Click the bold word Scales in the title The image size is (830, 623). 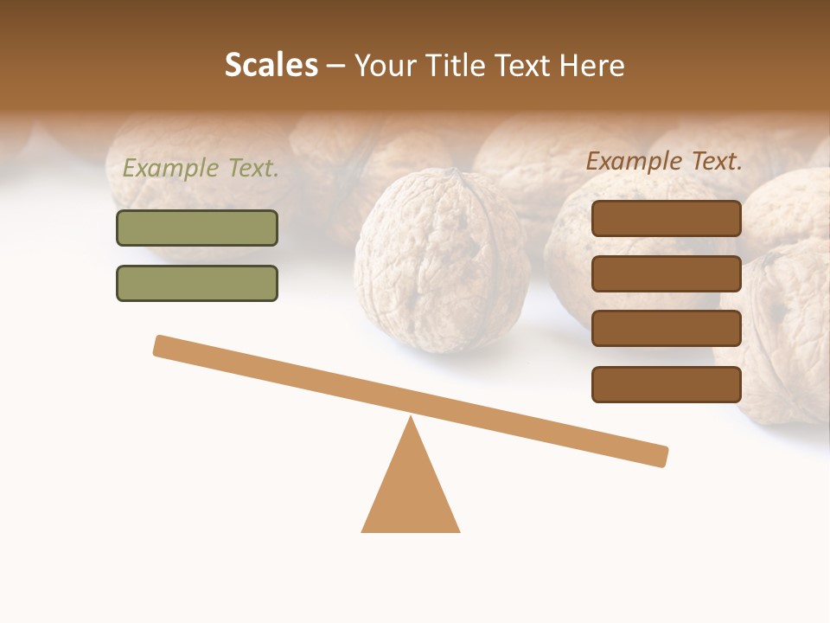(x=271, y=66)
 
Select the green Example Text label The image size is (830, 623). (x=201, y=169)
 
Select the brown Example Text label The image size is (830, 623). (x=664, y=161)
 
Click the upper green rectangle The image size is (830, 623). (x=197, y=228)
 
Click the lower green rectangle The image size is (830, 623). (x=197, y=283)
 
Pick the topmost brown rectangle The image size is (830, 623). (x=666, y=219)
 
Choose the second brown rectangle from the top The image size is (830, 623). (x=666, y=273)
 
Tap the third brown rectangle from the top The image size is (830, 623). (x=666, y=329)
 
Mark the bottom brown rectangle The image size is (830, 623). (x=666, y=384)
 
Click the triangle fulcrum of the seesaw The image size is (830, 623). (x=411, y=493)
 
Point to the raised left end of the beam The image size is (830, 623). (x=161, y=345)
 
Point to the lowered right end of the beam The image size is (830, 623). (x=661, y=456)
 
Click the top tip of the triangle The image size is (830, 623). (x=411, y=419)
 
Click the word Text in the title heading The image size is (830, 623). (x=524, y=66)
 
